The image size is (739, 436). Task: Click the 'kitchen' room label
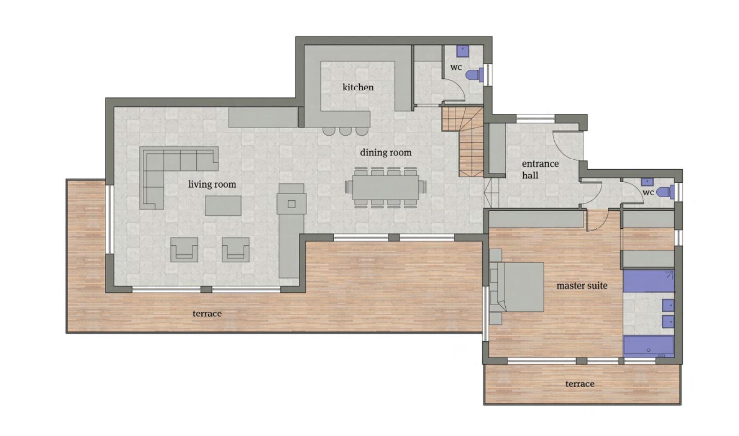click(358, 87)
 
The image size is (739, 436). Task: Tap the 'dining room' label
click(386, 153)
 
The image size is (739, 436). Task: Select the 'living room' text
click(212, 184)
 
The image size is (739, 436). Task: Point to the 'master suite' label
click(582, 286)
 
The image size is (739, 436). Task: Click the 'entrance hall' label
click(540, 169)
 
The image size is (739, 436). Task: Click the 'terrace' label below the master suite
click(580, 384)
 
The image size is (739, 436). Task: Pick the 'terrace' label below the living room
click(207, 313)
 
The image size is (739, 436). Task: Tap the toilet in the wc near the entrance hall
click(666, 192)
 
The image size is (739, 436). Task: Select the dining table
click(386, 187)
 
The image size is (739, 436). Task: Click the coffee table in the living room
click(223, 205)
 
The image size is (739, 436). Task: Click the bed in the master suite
click(520, 287)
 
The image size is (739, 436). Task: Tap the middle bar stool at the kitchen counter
click(345, 131)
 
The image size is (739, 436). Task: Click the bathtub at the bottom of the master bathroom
click(648, 346)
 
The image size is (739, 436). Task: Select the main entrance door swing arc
click(564, 145)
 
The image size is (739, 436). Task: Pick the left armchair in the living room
click(184, 250)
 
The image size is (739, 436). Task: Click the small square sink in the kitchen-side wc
click(463, 50)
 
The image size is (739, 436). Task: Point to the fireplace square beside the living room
click(291, 204)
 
